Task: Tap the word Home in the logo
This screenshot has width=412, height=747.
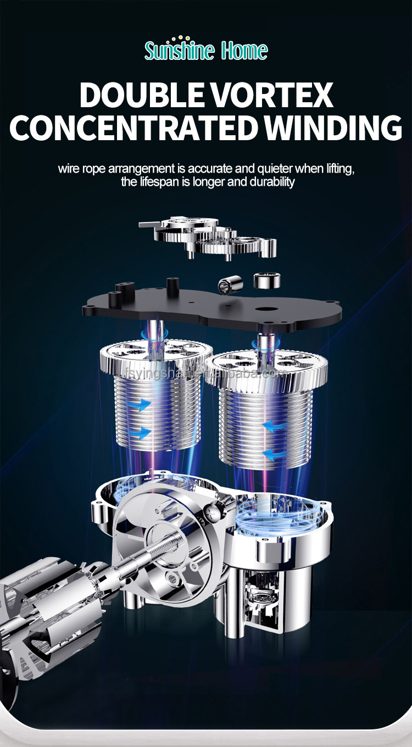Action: pyautogui.click(x=244, y=51)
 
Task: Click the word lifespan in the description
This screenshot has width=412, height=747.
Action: pyautogui.click(x=160, y=181)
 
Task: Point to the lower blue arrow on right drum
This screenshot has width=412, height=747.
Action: pyautogui.click(x=275, y=453)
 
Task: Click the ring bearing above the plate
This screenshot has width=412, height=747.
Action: pyautogui.click(x=267, y=280)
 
